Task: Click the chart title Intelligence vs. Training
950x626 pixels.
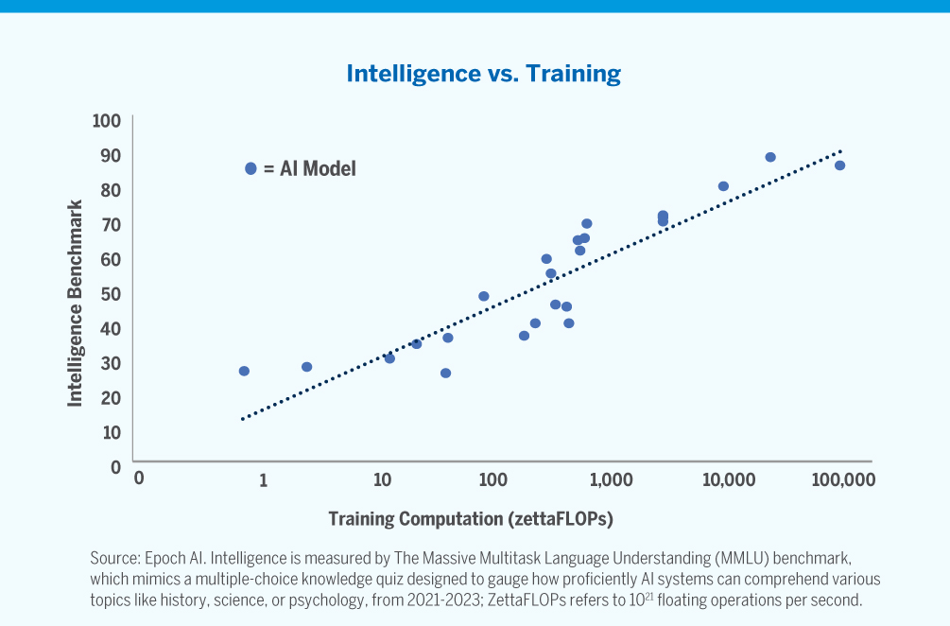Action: [483, 74]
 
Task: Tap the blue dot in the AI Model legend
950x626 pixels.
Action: [250, 168]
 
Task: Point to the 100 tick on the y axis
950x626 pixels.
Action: [107, 121]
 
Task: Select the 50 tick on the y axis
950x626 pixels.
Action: [112, 294]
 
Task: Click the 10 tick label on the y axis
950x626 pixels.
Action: [112, 432]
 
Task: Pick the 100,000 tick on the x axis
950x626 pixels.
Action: [843, 480]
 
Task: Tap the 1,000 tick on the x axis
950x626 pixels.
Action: [612, 480]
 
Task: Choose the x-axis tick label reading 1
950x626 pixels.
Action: [263, 480]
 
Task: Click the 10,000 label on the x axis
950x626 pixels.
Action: [726, 480]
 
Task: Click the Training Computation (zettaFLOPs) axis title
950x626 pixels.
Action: [471, 519]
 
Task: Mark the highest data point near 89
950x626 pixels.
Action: [770, 157]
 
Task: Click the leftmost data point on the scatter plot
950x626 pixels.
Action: [244, 371]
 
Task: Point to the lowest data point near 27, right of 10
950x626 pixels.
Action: [445, 373]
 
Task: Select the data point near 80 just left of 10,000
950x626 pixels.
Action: [723, 186]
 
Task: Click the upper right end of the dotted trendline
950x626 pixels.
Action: [840, 150]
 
